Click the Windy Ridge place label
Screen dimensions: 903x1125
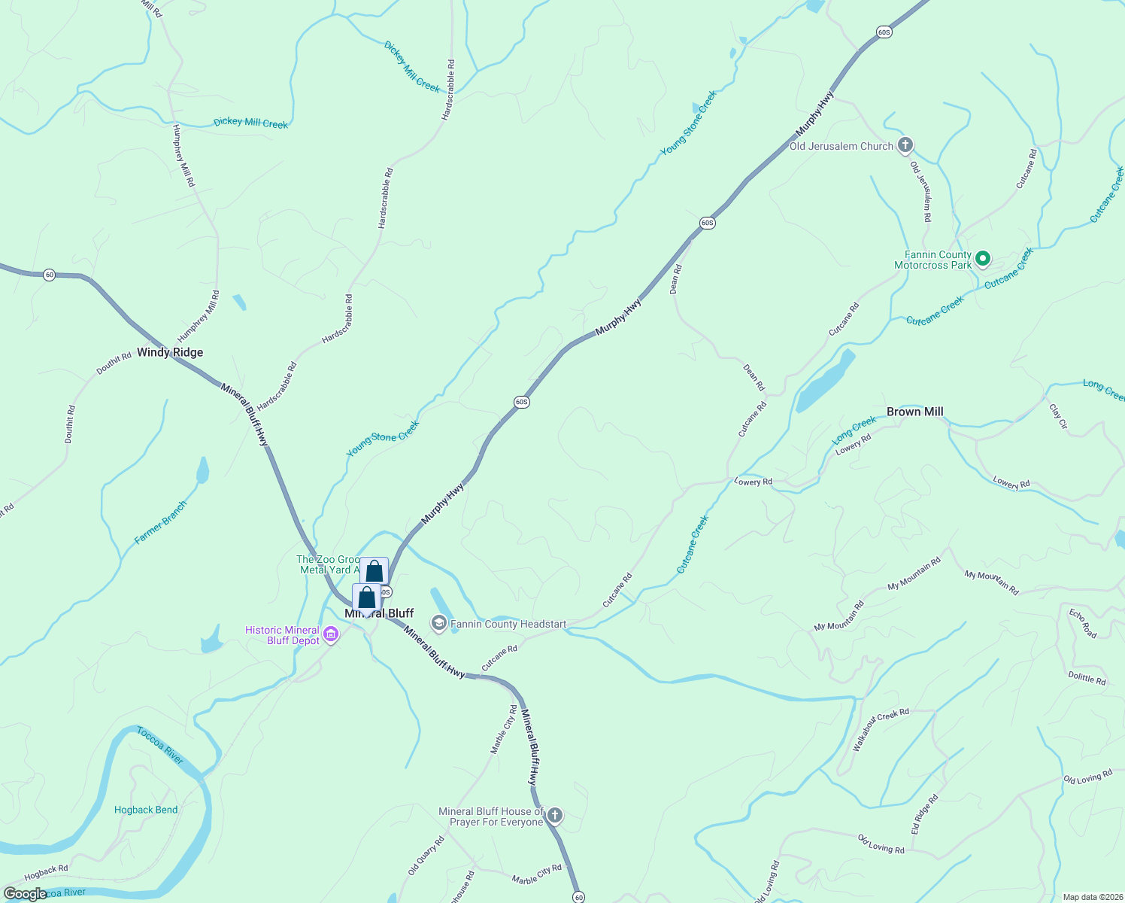point(170,352)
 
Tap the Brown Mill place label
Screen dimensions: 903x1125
point(914,412)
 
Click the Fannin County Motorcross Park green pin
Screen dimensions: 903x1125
point(982,260)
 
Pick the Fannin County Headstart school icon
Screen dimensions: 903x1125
point(438,623)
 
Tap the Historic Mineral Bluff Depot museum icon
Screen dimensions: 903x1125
point(330,636)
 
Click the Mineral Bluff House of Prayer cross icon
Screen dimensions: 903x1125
point(555,816)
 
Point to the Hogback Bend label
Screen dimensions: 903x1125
point(146,810)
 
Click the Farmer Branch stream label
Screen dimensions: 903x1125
point(160,522)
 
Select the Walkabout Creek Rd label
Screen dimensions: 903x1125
point(881,728)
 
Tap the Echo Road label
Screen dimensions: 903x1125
point(1083,623)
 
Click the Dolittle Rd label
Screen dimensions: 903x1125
point(1087,678)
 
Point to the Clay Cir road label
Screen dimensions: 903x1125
point(1058,416)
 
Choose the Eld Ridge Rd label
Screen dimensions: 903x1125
point(925,815)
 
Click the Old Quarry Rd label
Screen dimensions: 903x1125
point(426,856)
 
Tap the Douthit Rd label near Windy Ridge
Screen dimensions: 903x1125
point(114,364)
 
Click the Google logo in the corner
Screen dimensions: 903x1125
point(25,894)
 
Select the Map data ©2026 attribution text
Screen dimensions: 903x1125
point(1091,897)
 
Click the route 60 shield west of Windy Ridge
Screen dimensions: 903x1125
point(50,274)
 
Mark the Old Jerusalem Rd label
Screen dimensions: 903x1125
point(921,191)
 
